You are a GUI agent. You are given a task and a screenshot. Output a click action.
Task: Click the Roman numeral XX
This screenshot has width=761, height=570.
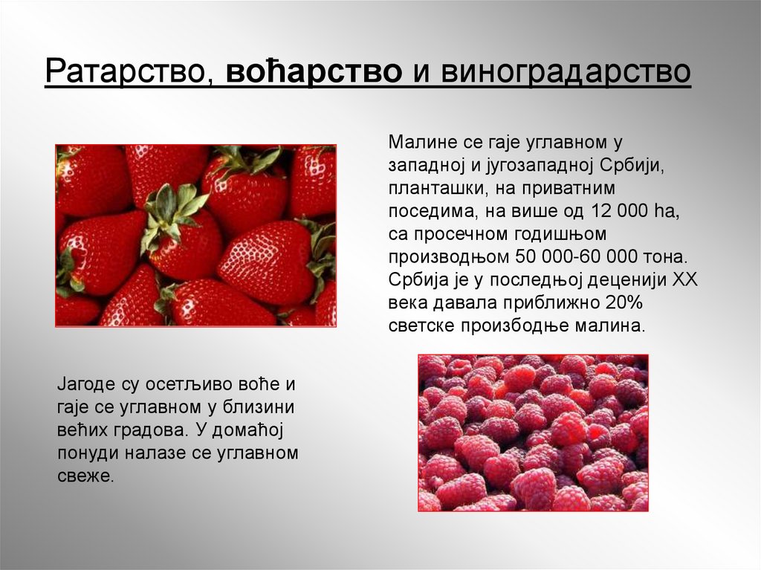click(x=684, y=280)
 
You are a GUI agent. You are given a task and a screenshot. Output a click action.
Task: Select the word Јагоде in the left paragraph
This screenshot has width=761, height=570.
click(x=85, y=385)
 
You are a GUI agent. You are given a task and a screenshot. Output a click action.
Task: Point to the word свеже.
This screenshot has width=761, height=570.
click(x=85, y=476)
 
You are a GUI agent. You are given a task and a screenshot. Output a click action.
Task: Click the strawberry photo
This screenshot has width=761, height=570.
click(x=195, y=235)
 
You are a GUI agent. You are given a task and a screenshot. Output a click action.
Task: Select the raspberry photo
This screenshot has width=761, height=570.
click(x=533, y=433)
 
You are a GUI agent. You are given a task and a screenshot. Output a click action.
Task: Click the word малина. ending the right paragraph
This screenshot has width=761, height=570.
click(x=615, y=326)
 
